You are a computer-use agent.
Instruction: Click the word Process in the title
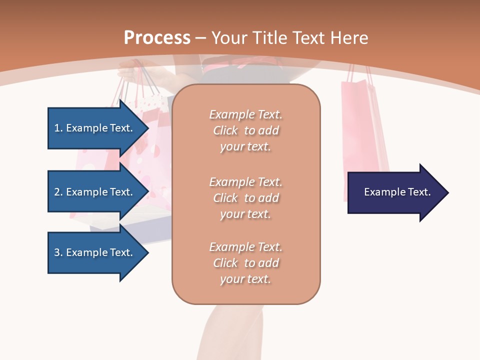pyautogui.click(x=157, y=38)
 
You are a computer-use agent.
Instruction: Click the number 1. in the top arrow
pyautogui.click(x=58, y=128)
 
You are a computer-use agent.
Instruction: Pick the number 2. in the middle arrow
pyautogui.click(x=58, y=192)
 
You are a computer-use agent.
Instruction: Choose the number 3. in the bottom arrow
pyautogui.click(x=58, y=252)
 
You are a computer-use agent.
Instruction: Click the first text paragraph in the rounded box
pyautogui.click(x=245, y=130)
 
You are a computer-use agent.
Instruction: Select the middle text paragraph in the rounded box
pyautogui.click(x=245, y=198)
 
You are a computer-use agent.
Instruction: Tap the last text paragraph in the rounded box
pyautogui.click(x=245, y=263)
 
